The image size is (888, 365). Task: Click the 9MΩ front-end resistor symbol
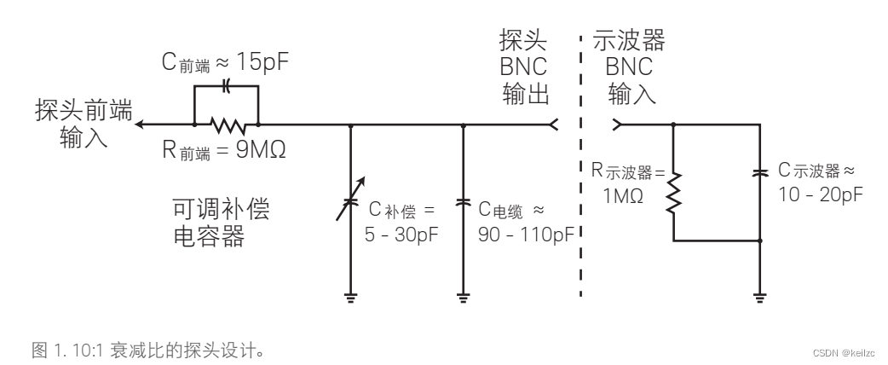(228, 125)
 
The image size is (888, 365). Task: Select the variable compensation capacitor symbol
(351, 204)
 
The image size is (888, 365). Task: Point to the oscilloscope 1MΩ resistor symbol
(674, 191)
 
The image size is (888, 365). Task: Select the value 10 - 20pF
(821, 194)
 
